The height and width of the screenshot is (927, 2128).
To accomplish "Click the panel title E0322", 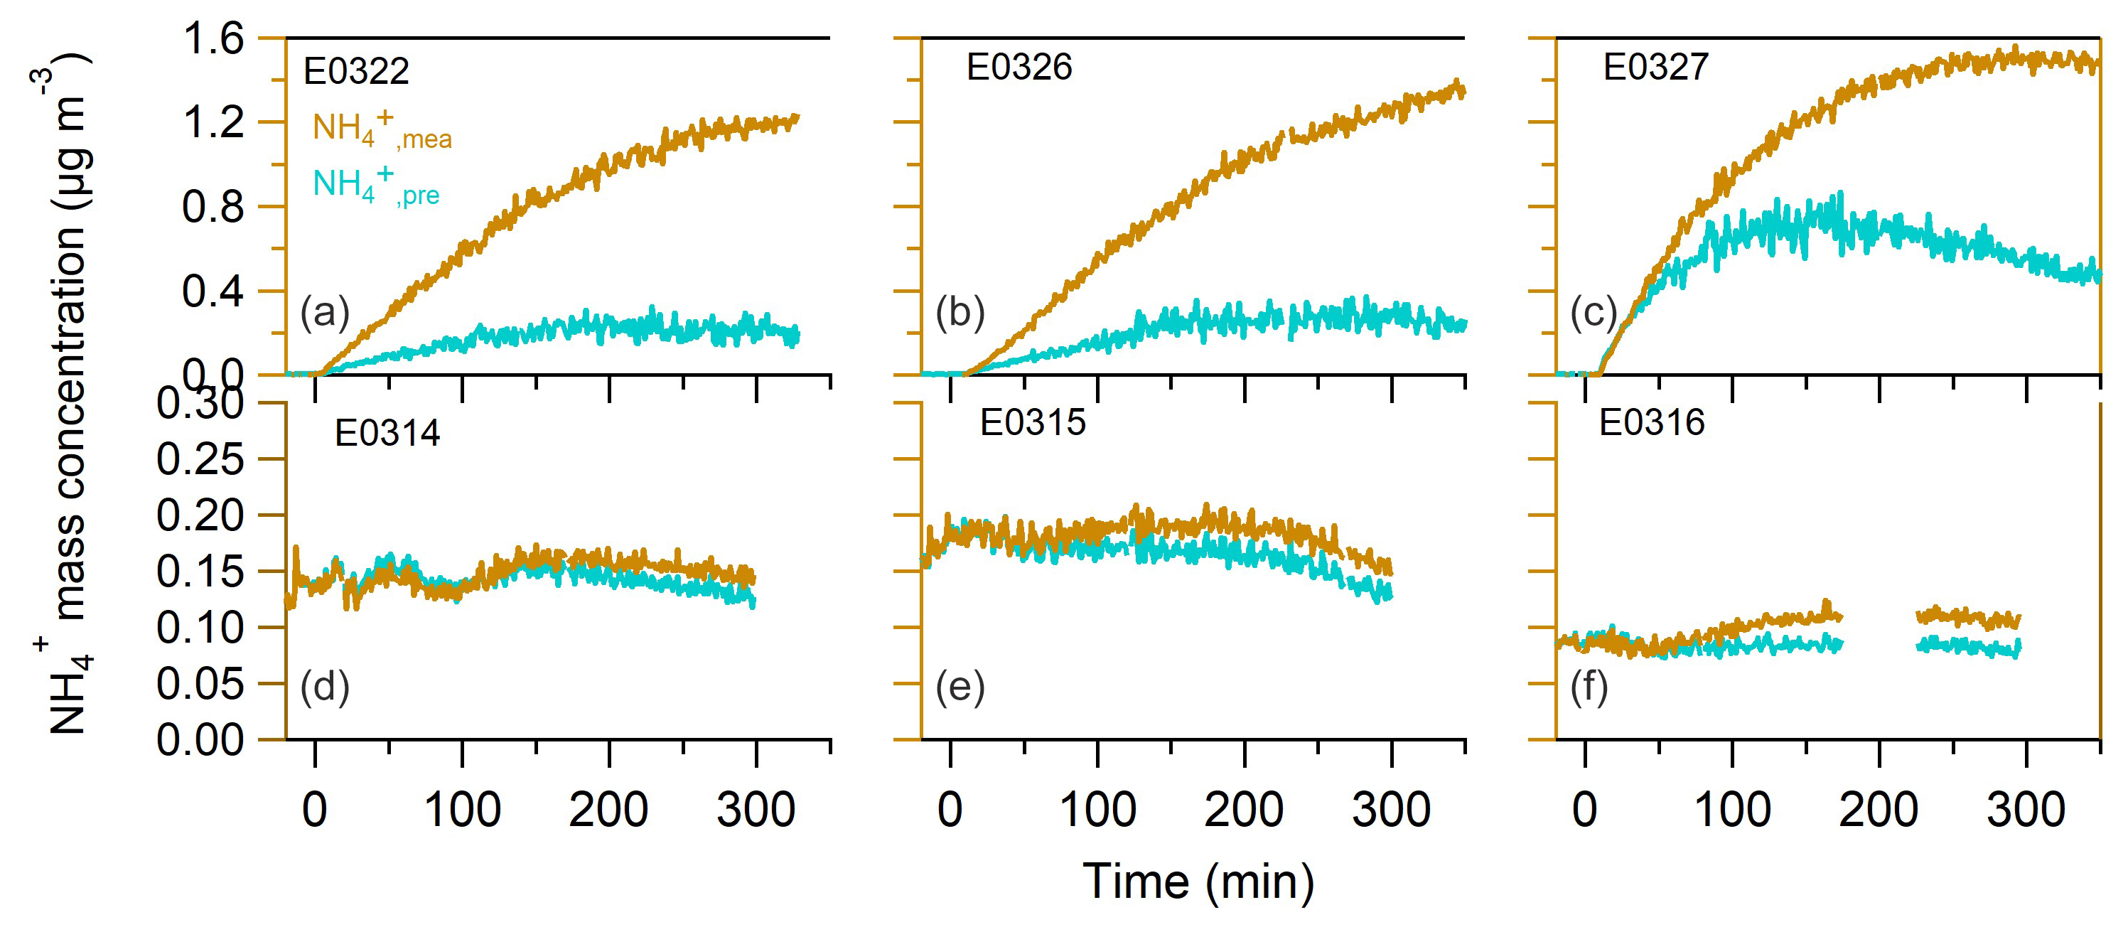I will coord(356,72).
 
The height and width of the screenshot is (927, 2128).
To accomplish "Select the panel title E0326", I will coord(1019,68).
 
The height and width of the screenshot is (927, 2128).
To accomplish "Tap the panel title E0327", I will coord(1655,68).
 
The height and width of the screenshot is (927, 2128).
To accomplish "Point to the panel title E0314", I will coord(387,434).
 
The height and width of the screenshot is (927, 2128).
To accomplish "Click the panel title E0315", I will coord(1032,423).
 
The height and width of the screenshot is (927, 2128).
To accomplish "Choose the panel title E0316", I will coord(1651,423).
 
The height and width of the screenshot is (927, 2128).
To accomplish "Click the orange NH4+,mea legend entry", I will coord(382,129).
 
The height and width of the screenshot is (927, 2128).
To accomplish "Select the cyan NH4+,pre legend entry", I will coord(376,185).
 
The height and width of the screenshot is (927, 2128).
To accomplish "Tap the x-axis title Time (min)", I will coord(1198,882).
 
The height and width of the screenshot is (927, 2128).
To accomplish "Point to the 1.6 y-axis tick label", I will coord(213,39).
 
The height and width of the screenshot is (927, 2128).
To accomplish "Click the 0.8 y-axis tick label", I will coord(213,208).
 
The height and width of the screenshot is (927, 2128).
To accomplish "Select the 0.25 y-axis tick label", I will coord(200,459).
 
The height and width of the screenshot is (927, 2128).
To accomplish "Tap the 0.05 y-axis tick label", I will coord(200,684).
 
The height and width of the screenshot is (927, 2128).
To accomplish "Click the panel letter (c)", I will coord(1593,312).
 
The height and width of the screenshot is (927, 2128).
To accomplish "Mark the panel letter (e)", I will coord(960,687).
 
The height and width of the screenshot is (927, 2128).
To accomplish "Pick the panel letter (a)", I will coord(325,312).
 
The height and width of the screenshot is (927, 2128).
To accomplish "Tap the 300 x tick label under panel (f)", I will coord(2026,810).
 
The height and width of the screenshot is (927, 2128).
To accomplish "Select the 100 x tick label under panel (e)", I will coord(1097,810).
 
